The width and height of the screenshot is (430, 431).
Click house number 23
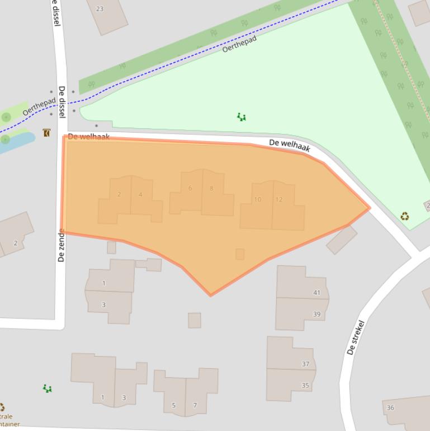pos(100,9)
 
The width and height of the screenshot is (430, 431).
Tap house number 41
pos(317,293)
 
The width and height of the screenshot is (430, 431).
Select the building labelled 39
pos(316,314)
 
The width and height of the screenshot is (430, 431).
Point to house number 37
pos(305,364)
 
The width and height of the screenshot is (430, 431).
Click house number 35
pos(305,385)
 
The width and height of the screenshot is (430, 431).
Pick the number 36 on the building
pos(390,407)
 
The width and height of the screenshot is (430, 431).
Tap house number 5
pos(174,405)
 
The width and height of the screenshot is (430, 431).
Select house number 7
pos(195,405)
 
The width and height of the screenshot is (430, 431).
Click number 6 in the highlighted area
pos(190,188)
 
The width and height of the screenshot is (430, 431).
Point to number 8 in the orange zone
pos(211,189)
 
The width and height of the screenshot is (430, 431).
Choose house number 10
pos(257,199)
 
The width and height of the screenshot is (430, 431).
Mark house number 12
pos(279,199)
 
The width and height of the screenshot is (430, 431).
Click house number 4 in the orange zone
pos(140,195)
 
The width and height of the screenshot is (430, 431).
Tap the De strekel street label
pos(356,338)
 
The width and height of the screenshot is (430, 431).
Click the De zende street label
pos(62,245)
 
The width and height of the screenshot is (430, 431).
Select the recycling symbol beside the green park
pos(404,216)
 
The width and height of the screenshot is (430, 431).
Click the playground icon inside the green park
pos(241,117)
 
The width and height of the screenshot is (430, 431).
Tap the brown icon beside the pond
pos(46,133)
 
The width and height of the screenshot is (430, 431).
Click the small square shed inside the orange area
pos(240,254)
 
